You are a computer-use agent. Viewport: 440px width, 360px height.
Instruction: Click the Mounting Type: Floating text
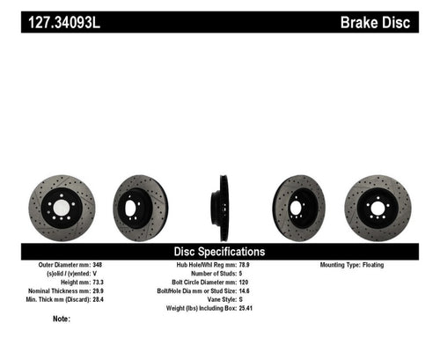point(356,264)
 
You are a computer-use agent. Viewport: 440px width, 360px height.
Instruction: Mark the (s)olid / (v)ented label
point(74,273)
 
